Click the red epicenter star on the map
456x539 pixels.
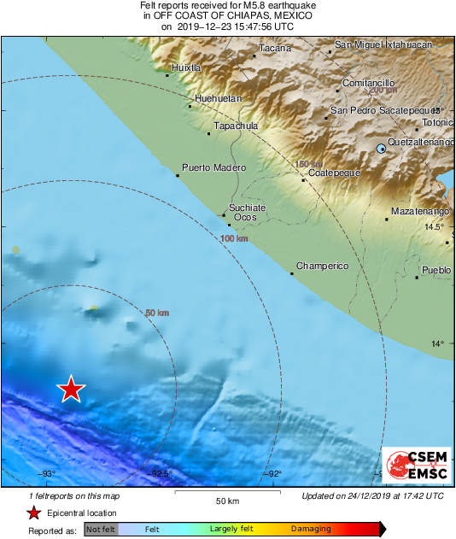pos(71,389)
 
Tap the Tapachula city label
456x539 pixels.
pos(235,126)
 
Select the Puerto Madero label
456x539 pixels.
pos(207,167)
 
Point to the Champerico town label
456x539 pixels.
pos(322,267)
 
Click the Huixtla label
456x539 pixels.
pos(186,67)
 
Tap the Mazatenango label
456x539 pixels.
pos(419,210)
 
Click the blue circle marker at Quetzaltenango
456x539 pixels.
pos(382,149)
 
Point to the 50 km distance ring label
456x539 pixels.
pos(157,313)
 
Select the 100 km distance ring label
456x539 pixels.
pos(234,239)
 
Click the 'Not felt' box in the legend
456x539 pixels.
pos(101,530)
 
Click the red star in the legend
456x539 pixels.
pos(33,513)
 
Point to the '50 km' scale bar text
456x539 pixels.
pos(226,501)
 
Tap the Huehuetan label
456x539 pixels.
pos(219,99)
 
